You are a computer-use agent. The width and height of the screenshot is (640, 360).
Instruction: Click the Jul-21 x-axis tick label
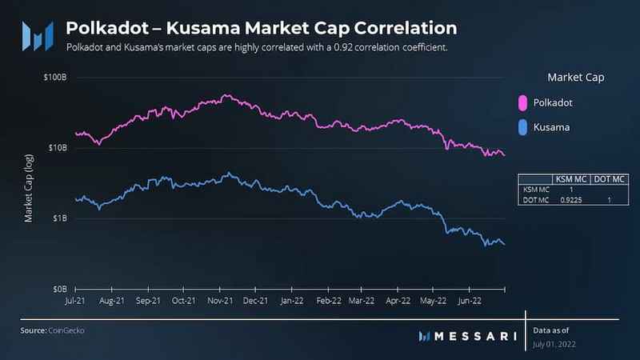[74, 302]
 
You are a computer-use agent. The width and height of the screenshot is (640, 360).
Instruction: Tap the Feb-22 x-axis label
[328, 302]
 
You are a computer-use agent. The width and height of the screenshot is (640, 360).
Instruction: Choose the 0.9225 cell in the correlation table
[570, 199]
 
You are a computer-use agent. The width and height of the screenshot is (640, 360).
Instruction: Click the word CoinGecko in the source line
[66, 330]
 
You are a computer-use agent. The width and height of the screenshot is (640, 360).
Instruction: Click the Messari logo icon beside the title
[37, 34]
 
